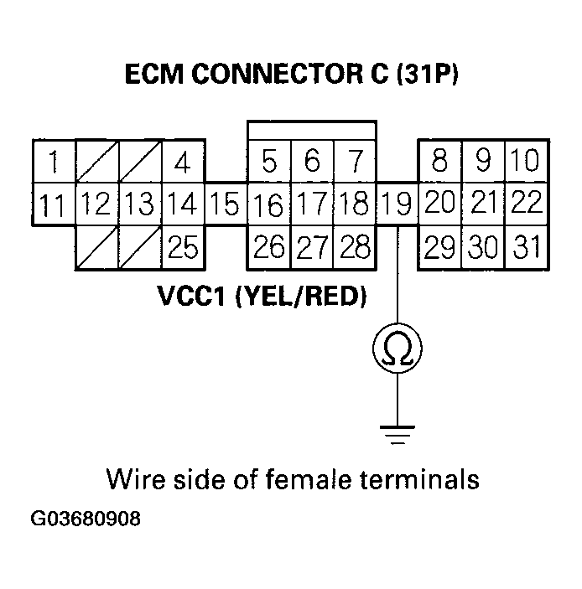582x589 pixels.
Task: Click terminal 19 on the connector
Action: [396, 204]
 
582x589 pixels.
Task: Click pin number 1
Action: [54, 161]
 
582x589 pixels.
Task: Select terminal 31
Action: [526, 247]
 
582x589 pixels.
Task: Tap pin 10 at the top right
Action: [526, 159]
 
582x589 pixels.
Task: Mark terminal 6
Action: [311, 159]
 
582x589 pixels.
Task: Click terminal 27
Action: [311, 247]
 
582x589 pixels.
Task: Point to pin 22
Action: [527, 203]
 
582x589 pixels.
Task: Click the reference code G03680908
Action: [86, 519]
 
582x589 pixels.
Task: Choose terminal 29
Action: [439, 247]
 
